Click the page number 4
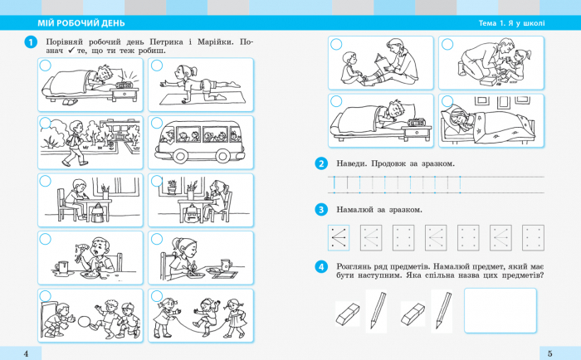point(26,353)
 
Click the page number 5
point(549,353)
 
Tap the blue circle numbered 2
point(321,163)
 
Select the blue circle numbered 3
point(321,210)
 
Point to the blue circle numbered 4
point(321,266)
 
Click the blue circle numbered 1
point(31,42)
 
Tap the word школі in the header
point(533,23)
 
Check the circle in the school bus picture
point(157,124)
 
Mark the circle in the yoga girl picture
point(157,66)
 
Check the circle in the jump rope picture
point(157,296)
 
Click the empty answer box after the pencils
point(500,310)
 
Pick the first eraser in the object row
point(348,314)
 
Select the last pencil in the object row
point(443,310)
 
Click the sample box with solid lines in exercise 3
point(339,238)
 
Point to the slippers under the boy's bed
point(69,102)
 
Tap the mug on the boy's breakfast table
point(62,267)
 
